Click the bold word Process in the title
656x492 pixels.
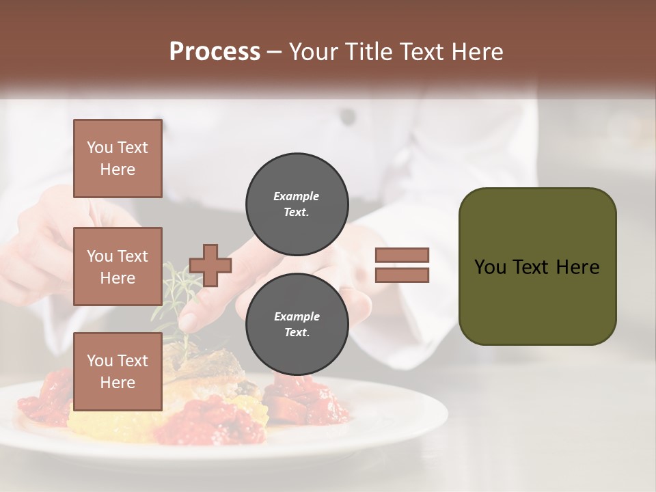click(x=215, y=51)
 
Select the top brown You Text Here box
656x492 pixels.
click(x=118, y=159)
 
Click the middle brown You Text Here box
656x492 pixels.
click(x=118, y=266)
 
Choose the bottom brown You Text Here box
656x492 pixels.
click(x=118, y=372)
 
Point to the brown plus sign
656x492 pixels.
click(x=210, y=265)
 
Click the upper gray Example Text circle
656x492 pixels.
click(x=297, y=204)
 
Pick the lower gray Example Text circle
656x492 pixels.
click(x=297, y=325)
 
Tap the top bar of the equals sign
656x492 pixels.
click(x=402, y=256)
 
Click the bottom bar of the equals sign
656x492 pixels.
click(x=402, y=275)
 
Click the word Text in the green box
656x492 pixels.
click(x=531, y=267)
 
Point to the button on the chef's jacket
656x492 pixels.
click(x=348, y=118)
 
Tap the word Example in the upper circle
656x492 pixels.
click(x=297, y=196)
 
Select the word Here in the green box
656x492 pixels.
click(x=577, y=267)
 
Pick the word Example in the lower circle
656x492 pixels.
click(x=297, y=316)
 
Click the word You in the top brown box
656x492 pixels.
click(x=99, y=148)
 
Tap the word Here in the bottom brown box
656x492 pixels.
click(x=118, y=383)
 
